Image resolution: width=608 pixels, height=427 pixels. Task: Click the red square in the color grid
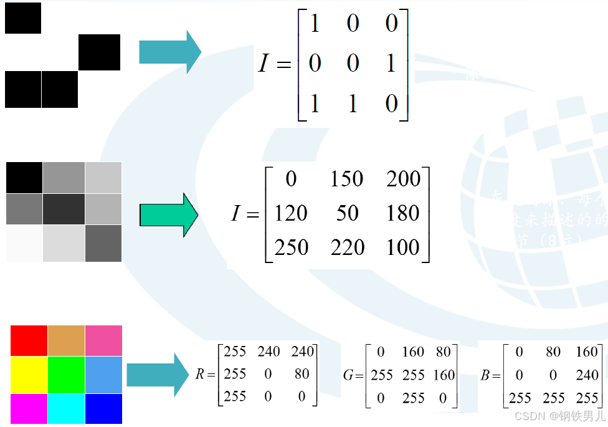point(29,340)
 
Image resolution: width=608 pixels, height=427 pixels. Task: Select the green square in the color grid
point(66,375)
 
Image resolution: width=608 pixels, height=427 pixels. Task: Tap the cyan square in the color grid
point(66,408)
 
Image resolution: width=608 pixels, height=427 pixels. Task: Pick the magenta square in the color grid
point(29,408)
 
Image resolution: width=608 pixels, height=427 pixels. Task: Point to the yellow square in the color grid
point(29,375)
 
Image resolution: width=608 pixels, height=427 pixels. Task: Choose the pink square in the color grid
point(103,340)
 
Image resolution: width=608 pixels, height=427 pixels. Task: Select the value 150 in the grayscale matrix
point(347,180)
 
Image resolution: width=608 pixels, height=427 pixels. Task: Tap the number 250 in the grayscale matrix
point(292,247)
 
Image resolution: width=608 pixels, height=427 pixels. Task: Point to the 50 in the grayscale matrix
point(348,214)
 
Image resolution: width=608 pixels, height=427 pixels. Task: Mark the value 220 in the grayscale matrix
point(347,247)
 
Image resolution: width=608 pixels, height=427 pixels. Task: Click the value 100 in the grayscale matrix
point(403,247)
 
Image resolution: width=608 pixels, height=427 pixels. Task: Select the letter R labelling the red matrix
point(200,375)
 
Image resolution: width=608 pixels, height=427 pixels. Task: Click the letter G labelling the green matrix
point(348,375)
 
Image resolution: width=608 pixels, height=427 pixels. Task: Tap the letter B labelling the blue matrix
point(486,375)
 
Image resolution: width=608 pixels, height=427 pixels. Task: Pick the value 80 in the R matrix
point(302,374)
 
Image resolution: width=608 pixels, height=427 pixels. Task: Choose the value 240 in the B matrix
point(587,374)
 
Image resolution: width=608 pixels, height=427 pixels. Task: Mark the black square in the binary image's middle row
point(99,52)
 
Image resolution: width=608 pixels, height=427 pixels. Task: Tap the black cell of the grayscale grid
point(24,178)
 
